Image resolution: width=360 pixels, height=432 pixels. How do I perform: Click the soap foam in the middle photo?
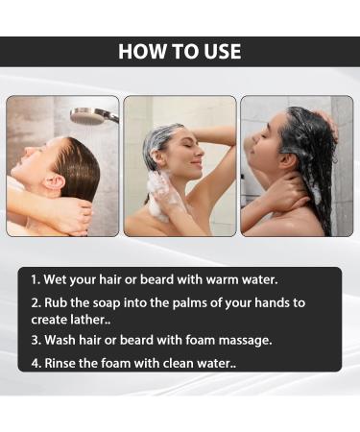(x=161, y=195)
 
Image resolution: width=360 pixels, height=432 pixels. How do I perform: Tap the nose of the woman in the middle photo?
(x=200, y=152)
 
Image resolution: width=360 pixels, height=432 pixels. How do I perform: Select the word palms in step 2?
(x=189, y=302)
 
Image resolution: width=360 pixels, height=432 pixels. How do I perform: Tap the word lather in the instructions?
(x=90, y=320)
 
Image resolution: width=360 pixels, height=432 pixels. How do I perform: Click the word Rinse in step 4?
(x=60, y=363)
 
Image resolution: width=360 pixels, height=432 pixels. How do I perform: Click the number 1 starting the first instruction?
(x=35, y=279)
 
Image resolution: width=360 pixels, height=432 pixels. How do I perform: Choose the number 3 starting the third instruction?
(x=35, y=340)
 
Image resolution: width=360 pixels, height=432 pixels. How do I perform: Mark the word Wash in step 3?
(x=60, y=340)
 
